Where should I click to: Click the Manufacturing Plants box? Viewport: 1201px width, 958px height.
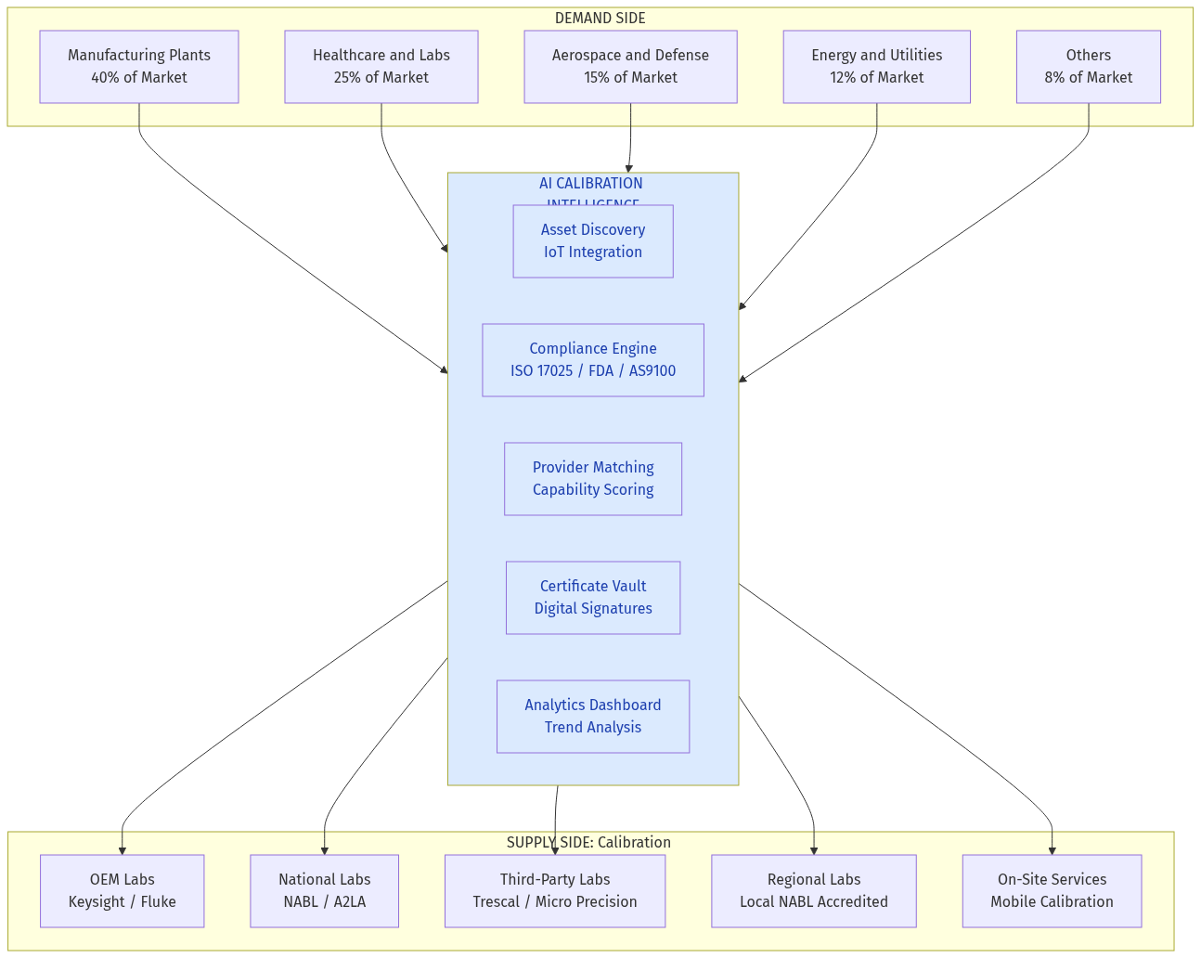tap(139, 67)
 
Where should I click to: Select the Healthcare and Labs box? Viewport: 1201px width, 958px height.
tap(381, 67)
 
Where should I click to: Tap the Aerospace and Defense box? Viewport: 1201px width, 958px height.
tap(630, 67)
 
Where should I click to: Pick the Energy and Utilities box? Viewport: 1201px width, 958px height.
tap(876, 67)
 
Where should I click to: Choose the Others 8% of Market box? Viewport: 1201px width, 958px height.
tap(1088, 67)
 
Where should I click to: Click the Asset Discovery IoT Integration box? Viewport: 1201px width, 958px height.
tap(593, 241)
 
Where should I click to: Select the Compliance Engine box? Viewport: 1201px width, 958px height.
tap(593, 360)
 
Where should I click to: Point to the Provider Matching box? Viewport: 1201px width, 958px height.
tap(593, 479)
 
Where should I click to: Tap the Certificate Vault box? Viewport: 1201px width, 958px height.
tap(593, 598)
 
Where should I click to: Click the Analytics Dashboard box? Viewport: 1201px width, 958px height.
tap(593, 717)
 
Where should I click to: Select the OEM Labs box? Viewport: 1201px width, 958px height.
tap(122, 891)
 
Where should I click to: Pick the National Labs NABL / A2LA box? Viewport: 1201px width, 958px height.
tap(324, 891)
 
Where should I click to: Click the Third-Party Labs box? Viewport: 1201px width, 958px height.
tap(555, 891)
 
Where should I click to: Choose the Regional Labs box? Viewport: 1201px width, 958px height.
tap(814, 891)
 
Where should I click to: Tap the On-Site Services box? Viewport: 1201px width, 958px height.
tap(1052, 891)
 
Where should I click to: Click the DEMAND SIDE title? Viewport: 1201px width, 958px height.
tap(600, 19)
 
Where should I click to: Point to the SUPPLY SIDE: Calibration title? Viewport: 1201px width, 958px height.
tap(588, 843)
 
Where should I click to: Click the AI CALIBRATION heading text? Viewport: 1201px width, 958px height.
tap(591, 184)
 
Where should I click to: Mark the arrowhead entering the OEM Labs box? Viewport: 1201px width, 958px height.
tap(122, 849)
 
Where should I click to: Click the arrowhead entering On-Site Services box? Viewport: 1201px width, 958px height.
tap(1052, 849)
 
